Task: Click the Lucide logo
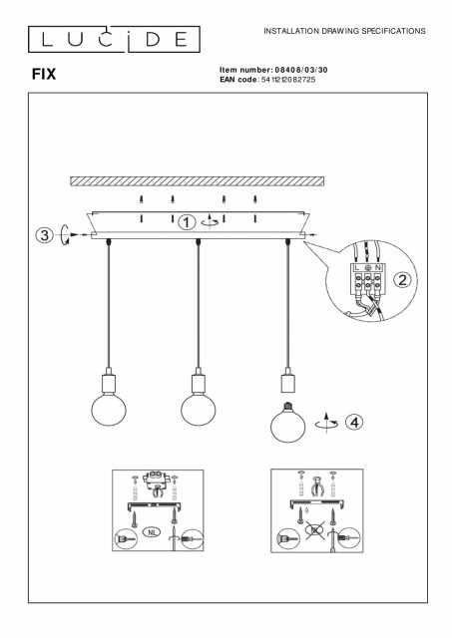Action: pos(114,40)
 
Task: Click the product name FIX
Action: pos(44,74)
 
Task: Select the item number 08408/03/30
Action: pos(301,70)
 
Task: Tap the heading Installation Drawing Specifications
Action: pos(344,31)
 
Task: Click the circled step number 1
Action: pos(187,222)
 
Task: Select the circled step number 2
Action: pos(402,280)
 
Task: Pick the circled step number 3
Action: pos(44,235)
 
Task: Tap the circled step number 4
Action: pos(354,423)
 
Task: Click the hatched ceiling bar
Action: pos(198,181)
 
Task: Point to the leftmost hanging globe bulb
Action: pos(109,410)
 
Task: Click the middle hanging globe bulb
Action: pos(199,410)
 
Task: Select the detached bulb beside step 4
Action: pos(288,423)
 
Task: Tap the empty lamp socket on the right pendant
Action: pos(287,380)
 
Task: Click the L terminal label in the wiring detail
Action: pos(357,268)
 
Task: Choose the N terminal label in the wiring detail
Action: pos(378,268)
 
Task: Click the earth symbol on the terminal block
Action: pos(367,268)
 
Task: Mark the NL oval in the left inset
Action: pos(152,531)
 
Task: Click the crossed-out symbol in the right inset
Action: pos(314,529)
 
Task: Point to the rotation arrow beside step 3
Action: pos(64,235)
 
